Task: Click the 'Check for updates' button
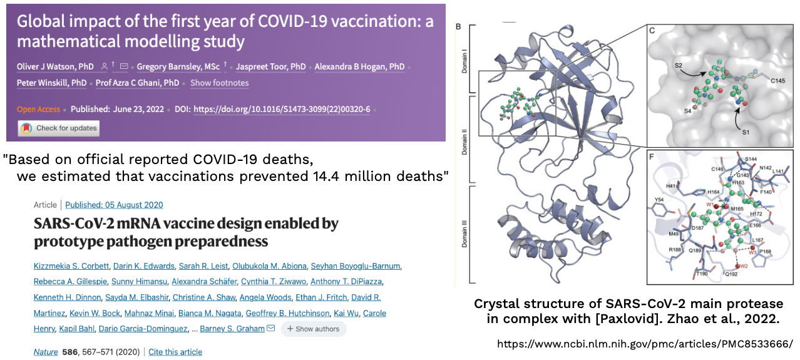coord(59,128)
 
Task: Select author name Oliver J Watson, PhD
coord(55,67)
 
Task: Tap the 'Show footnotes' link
coord(219,83)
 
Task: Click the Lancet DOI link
coord(282,110)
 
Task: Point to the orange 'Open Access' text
coord(38,110)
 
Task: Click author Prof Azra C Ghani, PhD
coord(137,83)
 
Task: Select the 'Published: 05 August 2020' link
coord(114,205)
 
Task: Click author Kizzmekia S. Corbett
coord(71,266)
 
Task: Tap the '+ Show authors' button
coord(313,329)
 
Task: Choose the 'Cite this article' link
coord(175,352)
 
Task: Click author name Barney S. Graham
coord(232,329)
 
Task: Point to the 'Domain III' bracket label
coord(464,234)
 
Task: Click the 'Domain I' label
coord(464,63)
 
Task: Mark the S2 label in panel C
coord(678,66)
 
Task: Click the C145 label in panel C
coord(777,81)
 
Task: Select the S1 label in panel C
coord(746,132)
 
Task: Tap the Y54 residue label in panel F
coord(659,200)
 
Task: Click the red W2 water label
coord(744,266)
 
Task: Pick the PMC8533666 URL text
coord(645,344)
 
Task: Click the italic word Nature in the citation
coord(46,352)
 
